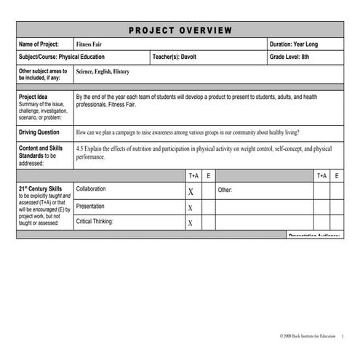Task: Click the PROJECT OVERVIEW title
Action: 180,30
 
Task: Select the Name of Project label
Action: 41,44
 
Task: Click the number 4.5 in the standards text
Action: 81,148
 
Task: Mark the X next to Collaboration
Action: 191,192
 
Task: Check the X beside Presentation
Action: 191,208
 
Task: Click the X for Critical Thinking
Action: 191,223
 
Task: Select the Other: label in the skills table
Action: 225,190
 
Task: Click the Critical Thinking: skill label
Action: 95,221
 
